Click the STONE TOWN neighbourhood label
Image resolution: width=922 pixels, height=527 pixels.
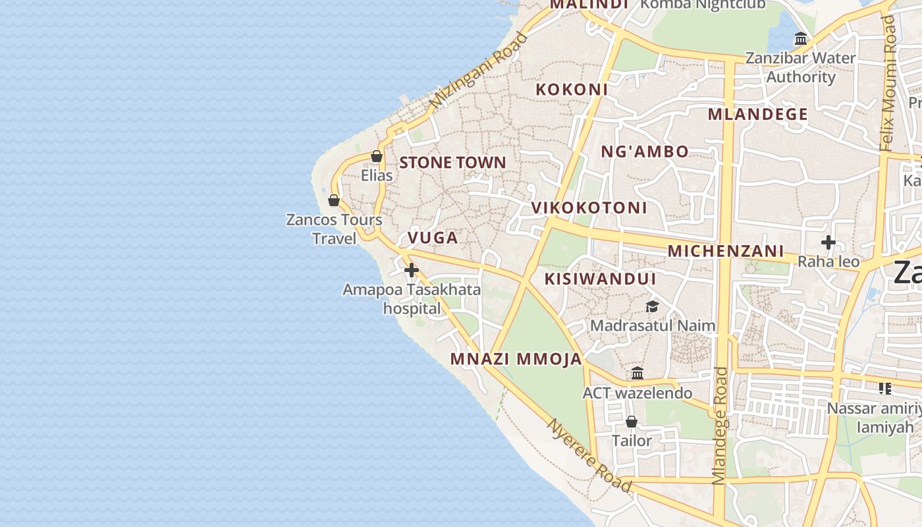453,163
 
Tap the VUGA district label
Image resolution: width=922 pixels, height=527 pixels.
433,238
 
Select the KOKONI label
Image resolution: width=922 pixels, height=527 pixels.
572,90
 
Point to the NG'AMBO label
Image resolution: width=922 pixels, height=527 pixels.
645,152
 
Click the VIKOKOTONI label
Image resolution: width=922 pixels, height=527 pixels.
589,208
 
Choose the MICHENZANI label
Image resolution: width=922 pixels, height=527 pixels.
726,251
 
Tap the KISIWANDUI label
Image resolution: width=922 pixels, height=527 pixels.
600,279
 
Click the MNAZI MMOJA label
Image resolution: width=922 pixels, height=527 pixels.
516,359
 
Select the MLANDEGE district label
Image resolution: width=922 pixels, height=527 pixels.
757,114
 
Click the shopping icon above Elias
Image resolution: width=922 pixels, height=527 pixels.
377,156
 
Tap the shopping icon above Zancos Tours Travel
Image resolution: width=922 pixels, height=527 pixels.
334,200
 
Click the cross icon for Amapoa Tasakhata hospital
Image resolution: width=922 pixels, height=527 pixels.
412,270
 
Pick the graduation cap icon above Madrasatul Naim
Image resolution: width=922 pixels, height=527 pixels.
652,306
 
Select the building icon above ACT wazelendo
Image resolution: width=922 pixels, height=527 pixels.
637,374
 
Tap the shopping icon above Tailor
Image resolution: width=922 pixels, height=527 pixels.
632,422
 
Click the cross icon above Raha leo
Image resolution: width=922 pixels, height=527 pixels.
828,242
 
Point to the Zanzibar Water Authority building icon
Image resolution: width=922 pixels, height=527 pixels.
801,39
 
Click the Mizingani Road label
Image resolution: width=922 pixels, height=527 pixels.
478,71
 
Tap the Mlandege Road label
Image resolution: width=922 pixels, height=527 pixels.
720,426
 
